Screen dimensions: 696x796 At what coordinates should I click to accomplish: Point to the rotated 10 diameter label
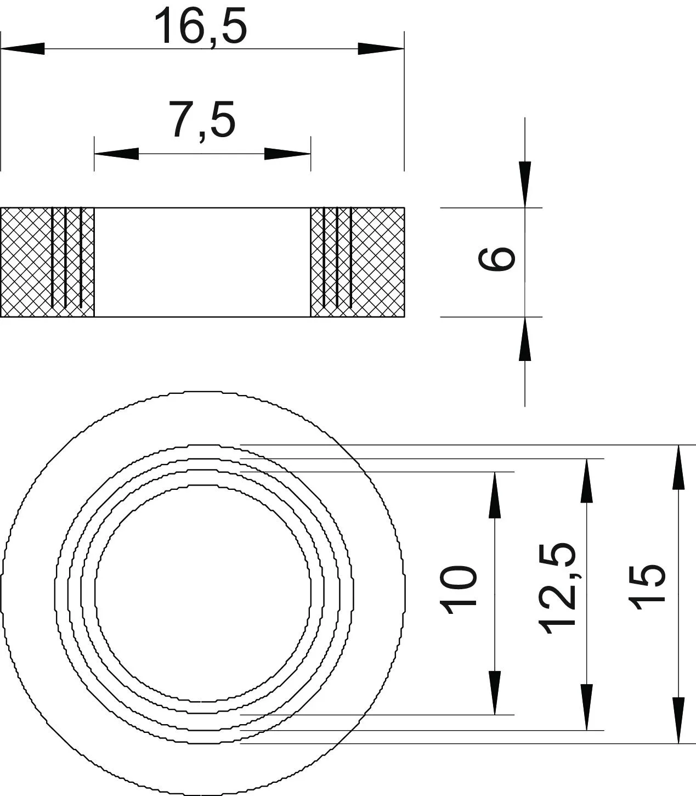(x=457, y=590)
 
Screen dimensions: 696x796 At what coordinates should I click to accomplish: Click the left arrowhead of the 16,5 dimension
(x=22, y=49)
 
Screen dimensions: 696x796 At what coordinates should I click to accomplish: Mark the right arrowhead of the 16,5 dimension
(x=381, y=49)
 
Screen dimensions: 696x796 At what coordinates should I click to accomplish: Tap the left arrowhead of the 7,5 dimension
(x=116, y=154)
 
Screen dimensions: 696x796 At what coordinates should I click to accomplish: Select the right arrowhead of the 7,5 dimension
(x=287, y=154)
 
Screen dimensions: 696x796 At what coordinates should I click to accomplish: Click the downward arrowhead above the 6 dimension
(x=525, y=184)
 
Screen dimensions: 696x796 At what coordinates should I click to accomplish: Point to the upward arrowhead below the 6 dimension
(x=525, y=339)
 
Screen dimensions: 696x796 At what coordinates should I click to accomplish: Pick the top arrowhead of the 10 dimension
(x=495, y=495)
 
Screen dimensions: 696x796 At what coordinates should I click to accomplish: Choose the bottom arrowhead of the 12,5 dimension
(x=586, y=707)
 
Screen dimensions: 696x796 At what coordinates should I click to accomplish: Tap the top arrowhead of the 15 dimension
(x=678, y=467)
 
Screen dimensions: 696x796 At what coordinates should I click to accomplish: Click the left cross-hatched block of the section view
(x=47, y=262)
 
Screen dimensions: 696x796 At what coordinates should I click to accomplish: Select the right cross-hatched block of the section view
(x=358, y=262)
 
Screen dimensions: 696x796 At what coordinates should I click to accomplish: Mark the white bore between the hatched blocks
(x=202, y=262)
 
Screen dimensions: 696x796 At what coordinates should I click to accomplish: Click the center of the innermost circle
(x=203, y=594)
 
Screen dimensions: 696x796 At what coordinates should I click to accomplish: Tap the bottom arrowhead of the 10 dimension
(x=495, y=692)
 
